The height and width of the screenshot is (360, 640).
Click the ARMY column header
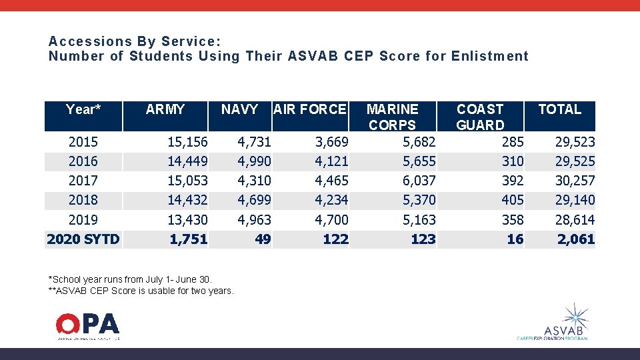pos(165,109)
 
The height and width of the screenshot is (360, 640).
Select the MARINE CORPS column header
pos(393,117)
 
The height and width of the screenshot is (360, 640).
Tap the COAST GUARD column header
pos(480,117)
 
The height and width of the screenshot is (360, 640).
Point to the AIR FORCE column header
pos(310,109)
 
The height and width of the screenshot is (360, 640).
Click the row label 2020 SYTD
pos(83,239)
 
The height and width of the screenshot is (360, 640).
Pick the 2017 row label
pos(83,181)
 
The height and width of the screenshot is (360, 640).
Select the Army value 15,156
pos(187,142)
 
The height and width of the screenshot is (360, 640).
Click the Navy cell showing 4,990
pos(255,161)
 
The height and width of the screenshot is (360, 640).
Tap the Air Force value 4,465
pos(331,181)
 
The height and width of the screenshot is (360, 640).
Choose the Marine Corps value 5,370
pos(419,200)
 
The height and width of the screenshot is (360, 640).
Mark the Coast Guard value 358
pos(512,220)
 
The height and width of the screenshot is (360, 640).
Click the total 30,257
pos(575,181)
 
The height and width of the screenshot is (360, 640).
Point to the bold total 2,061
pos(576,239)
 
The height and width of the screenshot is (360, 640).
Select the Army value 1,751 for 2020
pos(189,239)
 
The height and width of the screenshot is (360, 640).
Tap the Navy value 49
pos(263,239)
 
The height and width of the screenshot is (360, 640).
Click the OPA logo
pos(87,325)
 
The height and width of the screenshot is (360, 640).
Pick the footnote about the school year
pos(130,279)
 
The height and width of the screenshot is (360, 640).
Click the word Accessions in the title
pos(83,41)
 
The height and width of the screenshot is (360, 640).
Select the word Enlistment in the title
pos(489,57)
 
